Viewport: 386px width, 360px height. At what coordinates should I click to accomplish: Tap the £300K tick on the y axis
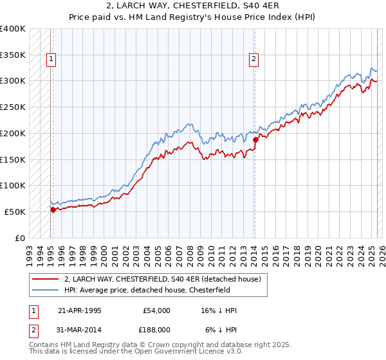tap(13, 81)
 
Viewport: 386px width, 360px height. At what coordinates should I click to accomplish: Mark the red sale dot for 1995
tap(53, 209)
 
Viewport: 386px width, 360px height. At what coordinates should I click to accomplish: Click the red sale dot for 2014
tap(255, 139)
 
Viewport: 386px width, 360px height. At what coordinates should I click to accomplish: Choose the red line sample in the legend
tap(46, 280)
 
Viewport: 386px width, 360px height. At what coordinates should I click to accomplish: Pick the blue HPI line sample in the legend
tap(46, 291)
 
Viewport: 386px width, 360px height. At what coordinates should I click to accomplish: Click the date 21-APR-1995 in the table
tap(80, 310)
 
